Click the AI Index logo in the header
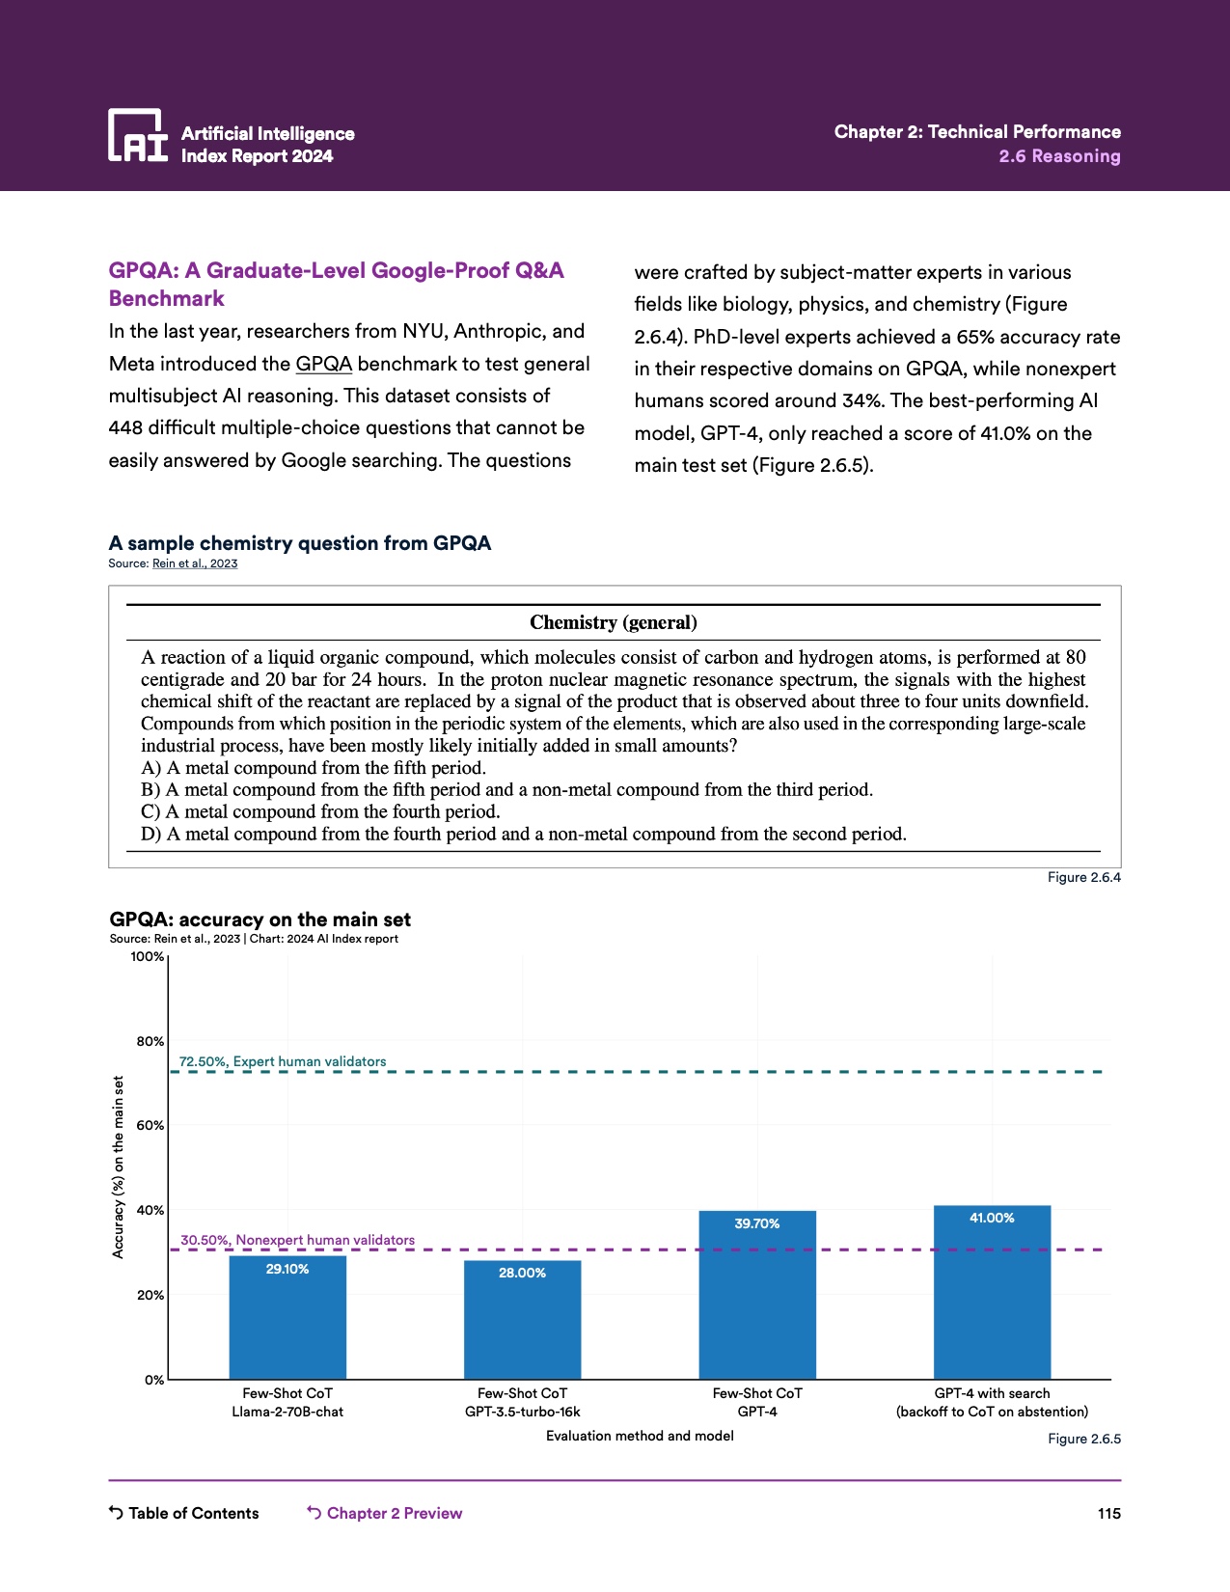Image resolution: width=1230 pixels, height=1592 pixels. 138,135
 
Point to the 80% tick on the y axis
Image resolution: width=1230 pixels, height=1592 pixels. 150,1041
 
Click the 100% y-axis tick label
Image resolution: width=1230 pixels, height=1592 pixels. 148,956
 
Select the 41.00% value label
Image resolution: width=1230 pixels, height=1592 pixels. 992,1218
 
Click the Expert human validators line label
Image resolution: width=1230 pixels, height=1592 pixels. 283,1061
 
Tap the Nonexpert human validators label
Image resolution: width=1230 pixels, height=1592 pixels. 297,1240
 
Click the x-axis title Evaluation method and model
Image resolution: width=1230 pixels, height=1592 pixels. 640,1436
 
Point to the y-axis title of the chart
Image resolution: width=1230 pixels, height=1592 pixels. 119,1167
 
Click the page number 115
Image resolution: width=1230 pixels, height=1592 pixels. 1108,1513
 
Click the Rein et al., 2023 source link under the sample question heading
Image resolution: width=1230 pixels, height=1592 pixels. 195,563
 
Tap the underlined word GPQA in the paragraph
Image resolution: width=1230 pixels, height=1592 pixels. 323,364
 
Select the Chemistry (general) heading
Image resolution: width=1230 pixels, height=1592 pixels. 614,622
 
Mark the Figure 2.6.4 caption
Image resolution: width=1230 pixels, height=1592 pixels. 1083,877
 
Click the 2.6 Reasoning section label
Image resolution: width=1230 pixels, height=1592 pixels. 1059,156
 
